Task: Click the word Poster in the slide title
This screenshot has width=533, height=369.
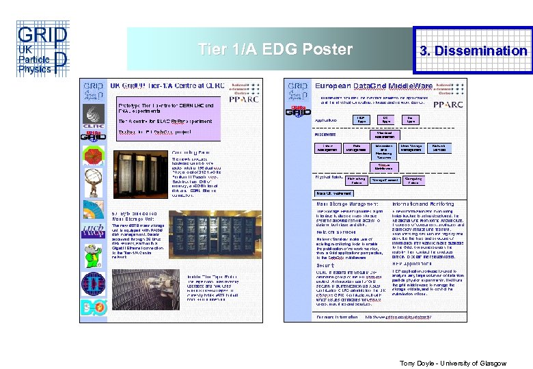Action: pyautogui.click(x=329, y=49)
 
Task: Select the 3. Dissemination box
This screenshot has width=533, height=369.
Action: pyautogui.click(x=474, y=50)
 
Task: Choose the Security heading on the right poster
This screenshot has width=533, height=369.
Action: pyautogui.click(x=325, y=264)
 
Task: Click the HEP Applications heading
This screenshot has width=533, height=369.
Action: pyautogui.click(x=414, y=264)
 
